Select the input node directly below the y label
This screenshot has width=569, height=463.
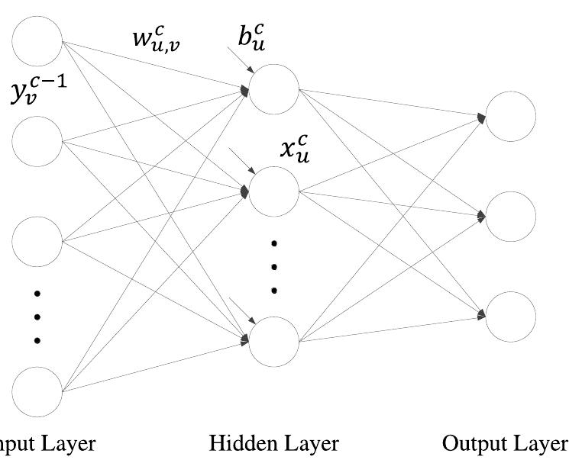37,141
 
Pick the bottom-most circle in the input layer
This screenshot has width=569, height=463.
37,391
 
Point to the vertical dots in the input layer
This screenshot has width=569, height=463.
37,317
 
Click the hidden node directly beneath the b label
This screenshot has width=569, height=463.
273,90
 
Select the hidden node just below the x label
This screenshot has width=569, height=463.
273,191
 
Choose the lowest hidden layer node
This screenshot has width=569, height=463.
273,341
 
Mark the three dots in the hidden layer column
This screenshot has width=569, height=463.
273,267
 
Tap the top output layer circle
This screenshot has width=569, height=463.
510,116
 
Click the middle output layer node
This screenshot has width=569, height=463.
510,217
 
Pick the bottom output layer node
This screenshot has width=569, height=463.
510,317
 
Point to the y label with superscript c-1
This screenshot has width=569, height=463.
37,90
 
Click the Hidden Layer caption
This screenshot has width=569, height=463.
273,443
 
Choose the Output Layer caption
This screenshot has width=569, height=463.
505,443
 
